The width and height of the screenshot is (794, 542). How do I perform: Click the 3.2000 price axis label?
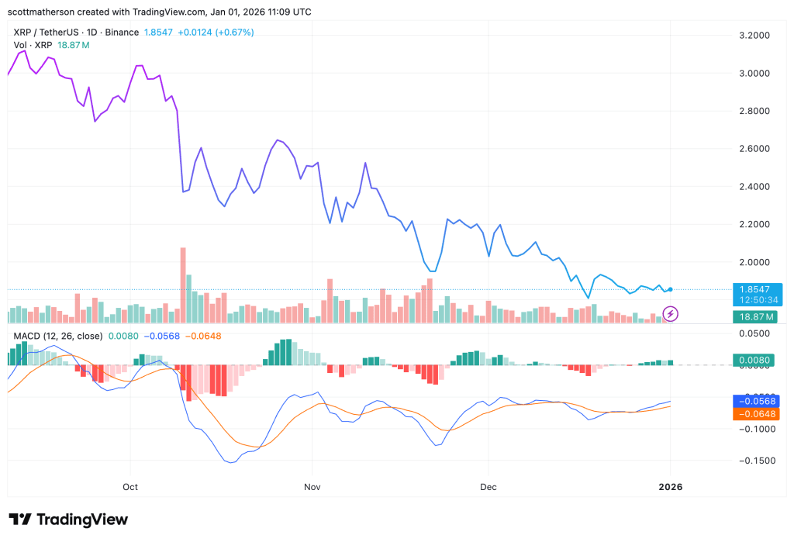click(x=754, y=36)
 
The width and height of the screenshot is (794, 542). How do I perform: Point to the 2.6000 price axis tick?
click(x=754, y=149)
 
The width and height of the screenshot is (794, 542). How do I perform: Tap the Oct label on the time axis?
click(x=130, y=487)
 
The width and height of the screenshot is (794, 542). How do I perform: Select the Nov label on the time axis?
click(x=312, y=487)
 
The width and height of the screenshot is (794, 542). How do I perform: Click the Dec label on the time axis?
click(x=488, y=487)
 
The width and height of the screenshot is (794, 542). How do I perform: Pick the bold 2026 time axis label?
click(x=671, y=487)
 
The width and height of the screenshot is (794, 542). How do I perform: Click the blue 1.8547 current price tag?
click(x=758, y=295)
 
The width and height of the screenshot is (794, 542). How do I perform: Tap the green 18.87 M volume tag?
click(x=755, y=317)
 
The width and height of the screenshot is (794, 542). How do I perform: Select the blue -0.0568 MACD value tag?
click(x=757, y=401)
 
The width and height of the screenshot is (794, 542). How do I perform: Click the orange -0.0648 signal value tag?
click(x=757, y=414)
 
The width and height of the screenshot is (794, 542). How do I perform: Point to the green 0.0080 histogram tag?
click(x=754, y=360)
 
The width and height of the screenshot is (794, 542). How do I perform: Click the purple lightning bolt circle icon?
click(x=671, y=314)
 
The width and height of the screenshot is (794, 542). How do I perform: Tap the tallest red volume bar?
click(x=183, y=285)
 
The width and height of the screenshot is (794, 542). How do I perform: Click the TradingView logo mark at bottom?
click(x=20, y=520)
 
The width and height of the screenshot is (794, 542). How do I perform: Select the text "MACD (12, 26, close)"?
click(x=57, y=336)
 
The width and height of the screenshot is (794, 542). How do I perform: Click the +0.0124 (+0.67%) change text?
click(x=216, y=33)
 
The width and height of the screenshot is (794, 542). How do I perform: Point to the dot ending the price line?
click(x=671, y=289)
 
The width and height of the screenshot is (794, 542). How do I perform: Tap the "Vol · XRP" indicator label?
click(x=33, y=45)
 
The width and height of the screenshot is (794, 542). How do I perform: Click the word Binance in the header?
click(x=122, y=33)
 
